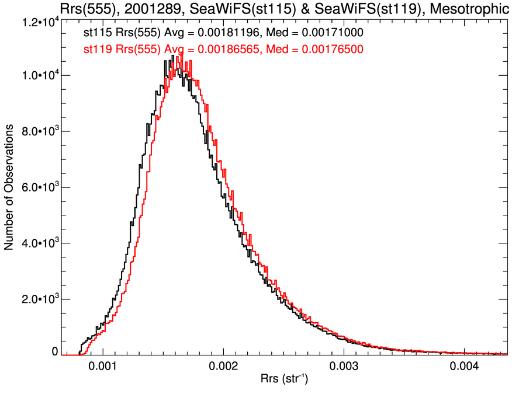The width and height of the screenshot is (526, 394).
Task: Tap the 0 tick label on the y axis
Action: (54, 352)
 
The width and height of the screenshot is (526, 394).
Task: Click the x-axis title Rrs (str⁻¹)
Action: (283, 381)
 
